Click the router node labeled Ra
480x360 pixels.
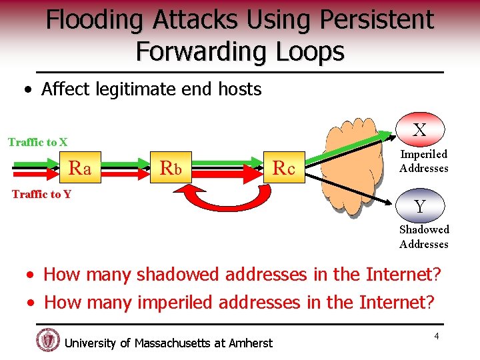click(x=80, y=169)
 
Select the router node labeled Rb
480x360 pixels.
click(x=171, y=169)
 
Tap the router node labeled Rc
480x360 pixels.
click(x=284, y=169)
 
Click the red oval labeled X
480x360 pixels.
click(x=419, y=130)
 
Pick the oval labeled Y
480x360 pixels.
click(x=419, y=207)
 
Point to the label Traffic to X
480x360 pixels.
click(x=37, y=142)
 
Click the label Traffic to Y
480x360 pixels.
click(x=42, y=194)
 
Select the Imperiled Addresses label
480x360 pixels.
click(x=423, y=161)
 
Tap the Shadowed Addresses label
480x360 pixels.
click(x=424, y=237)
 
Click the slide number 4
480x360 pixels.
click(x=437, y=336)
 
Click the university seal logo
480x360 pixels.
click(x=48, y=340)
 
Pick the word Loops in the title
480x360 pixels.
click(x=306, y=51)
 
